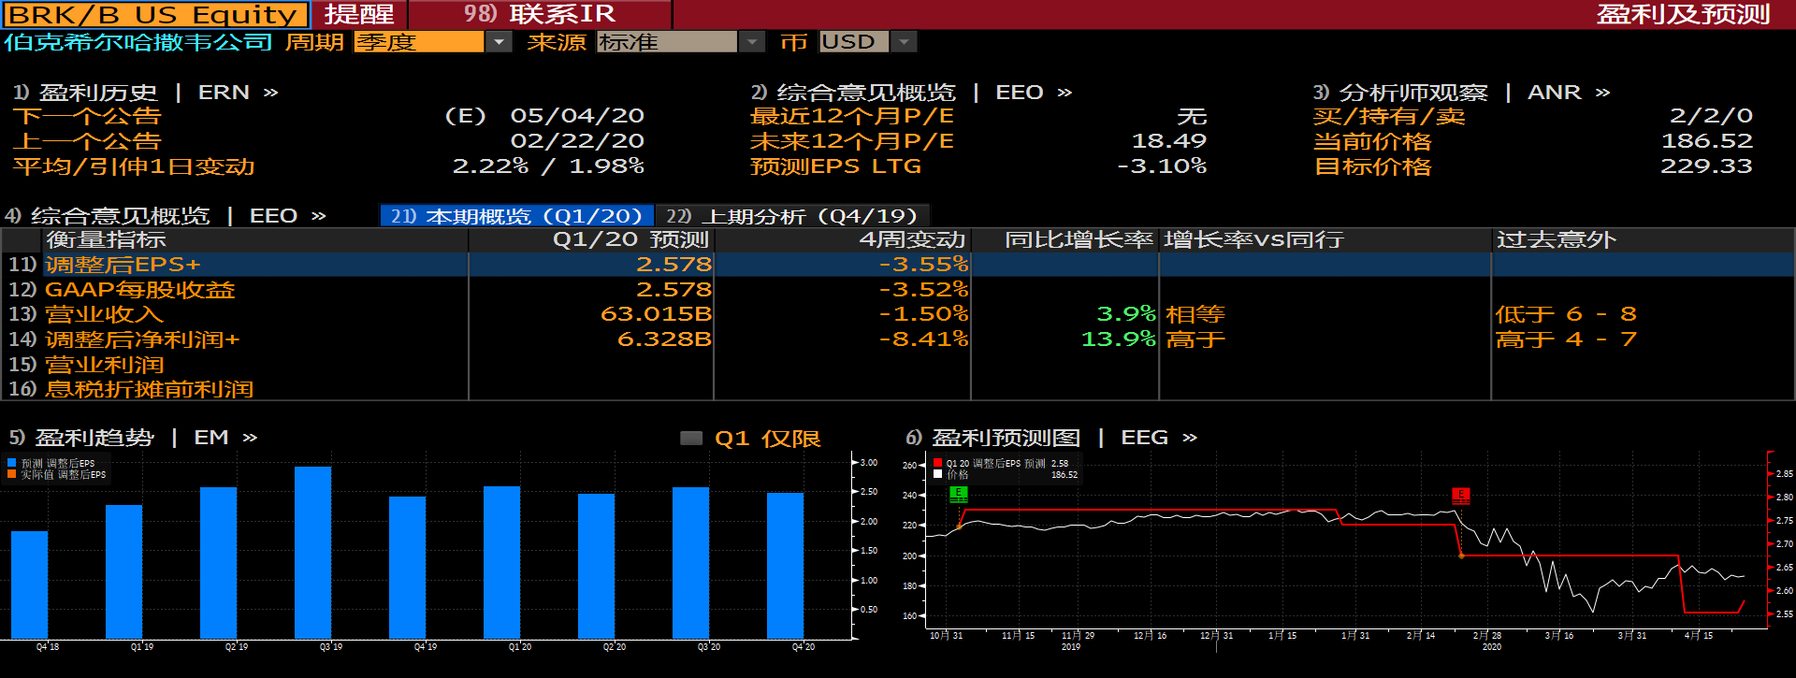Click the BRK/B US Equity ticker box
(155, 15)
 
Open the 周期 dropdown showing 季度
(431, 42)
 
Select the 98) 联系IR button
(540, 15)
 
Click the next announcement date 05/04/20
(577, 116)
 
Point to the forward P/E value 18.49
(1168, 141)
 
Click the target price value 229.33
(1705, 166)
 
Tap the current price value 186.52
(1705, 141)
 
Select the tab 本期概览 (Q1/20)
(516, 216)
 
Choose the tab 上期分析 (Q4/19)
(791, 216)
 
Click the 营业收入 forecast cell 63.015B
(656, 314)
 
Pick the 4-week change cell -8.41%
(923, 339)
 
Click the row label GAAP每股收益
(140, 290)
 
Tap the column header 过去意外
(1557, 240)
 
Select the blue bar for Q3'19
(312, 552)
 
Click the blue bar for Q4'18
(29, 584)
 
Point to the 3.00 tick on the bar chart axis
(869, 463)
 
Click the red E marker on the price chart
(1460, 495)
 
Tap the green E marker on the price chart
(958, 493)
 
